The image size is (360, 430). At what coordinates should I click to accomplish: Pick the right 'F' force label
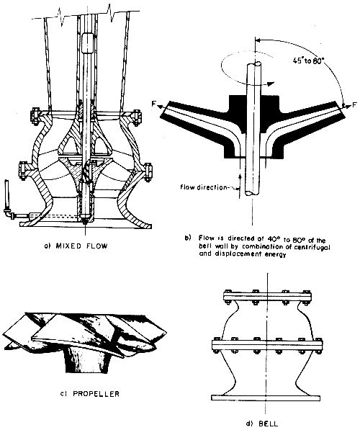354,104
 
